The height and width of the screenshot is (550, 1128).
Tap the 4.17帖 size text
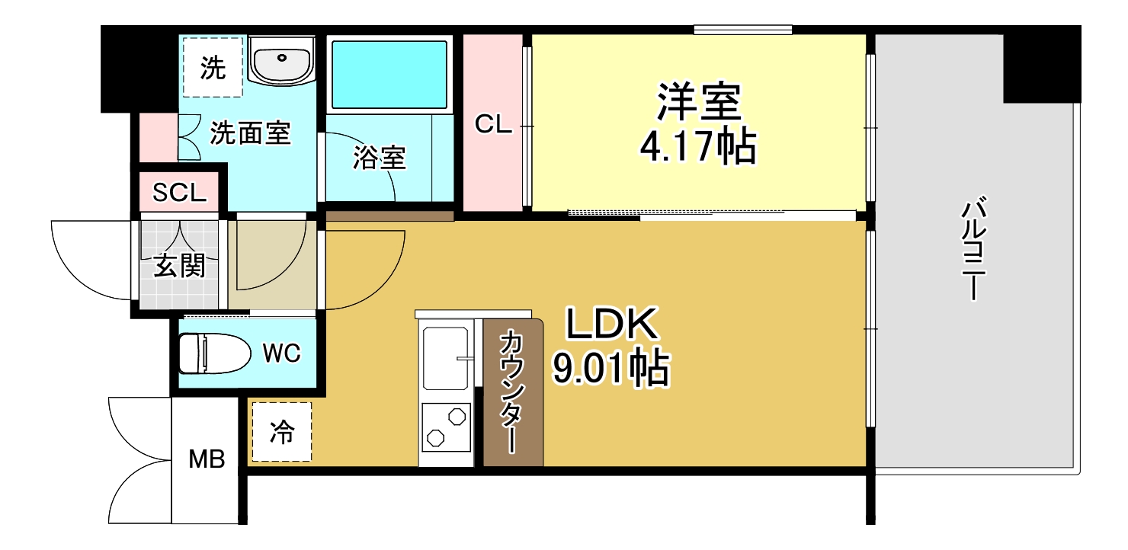697,148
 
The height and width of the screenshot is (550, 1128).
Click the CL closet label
493,124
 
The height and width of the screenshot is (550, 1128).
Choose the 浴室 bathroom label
379,158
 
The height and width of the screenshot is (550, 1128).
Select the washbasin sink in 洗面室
281,60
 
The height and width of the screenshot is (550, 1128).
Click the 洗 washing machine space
213,69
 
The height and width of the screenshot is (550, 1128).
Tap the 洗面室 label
250,134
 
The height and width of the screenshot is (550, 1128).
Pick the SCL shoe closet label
179,193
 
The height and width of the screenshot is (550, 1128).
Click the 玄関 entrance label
179,266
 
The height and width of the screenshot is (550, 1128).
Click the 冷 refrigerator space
281,433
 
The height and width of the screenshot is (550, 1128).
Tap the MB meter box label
207,459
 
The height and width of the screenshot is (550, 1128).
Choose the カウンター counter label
511,392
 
